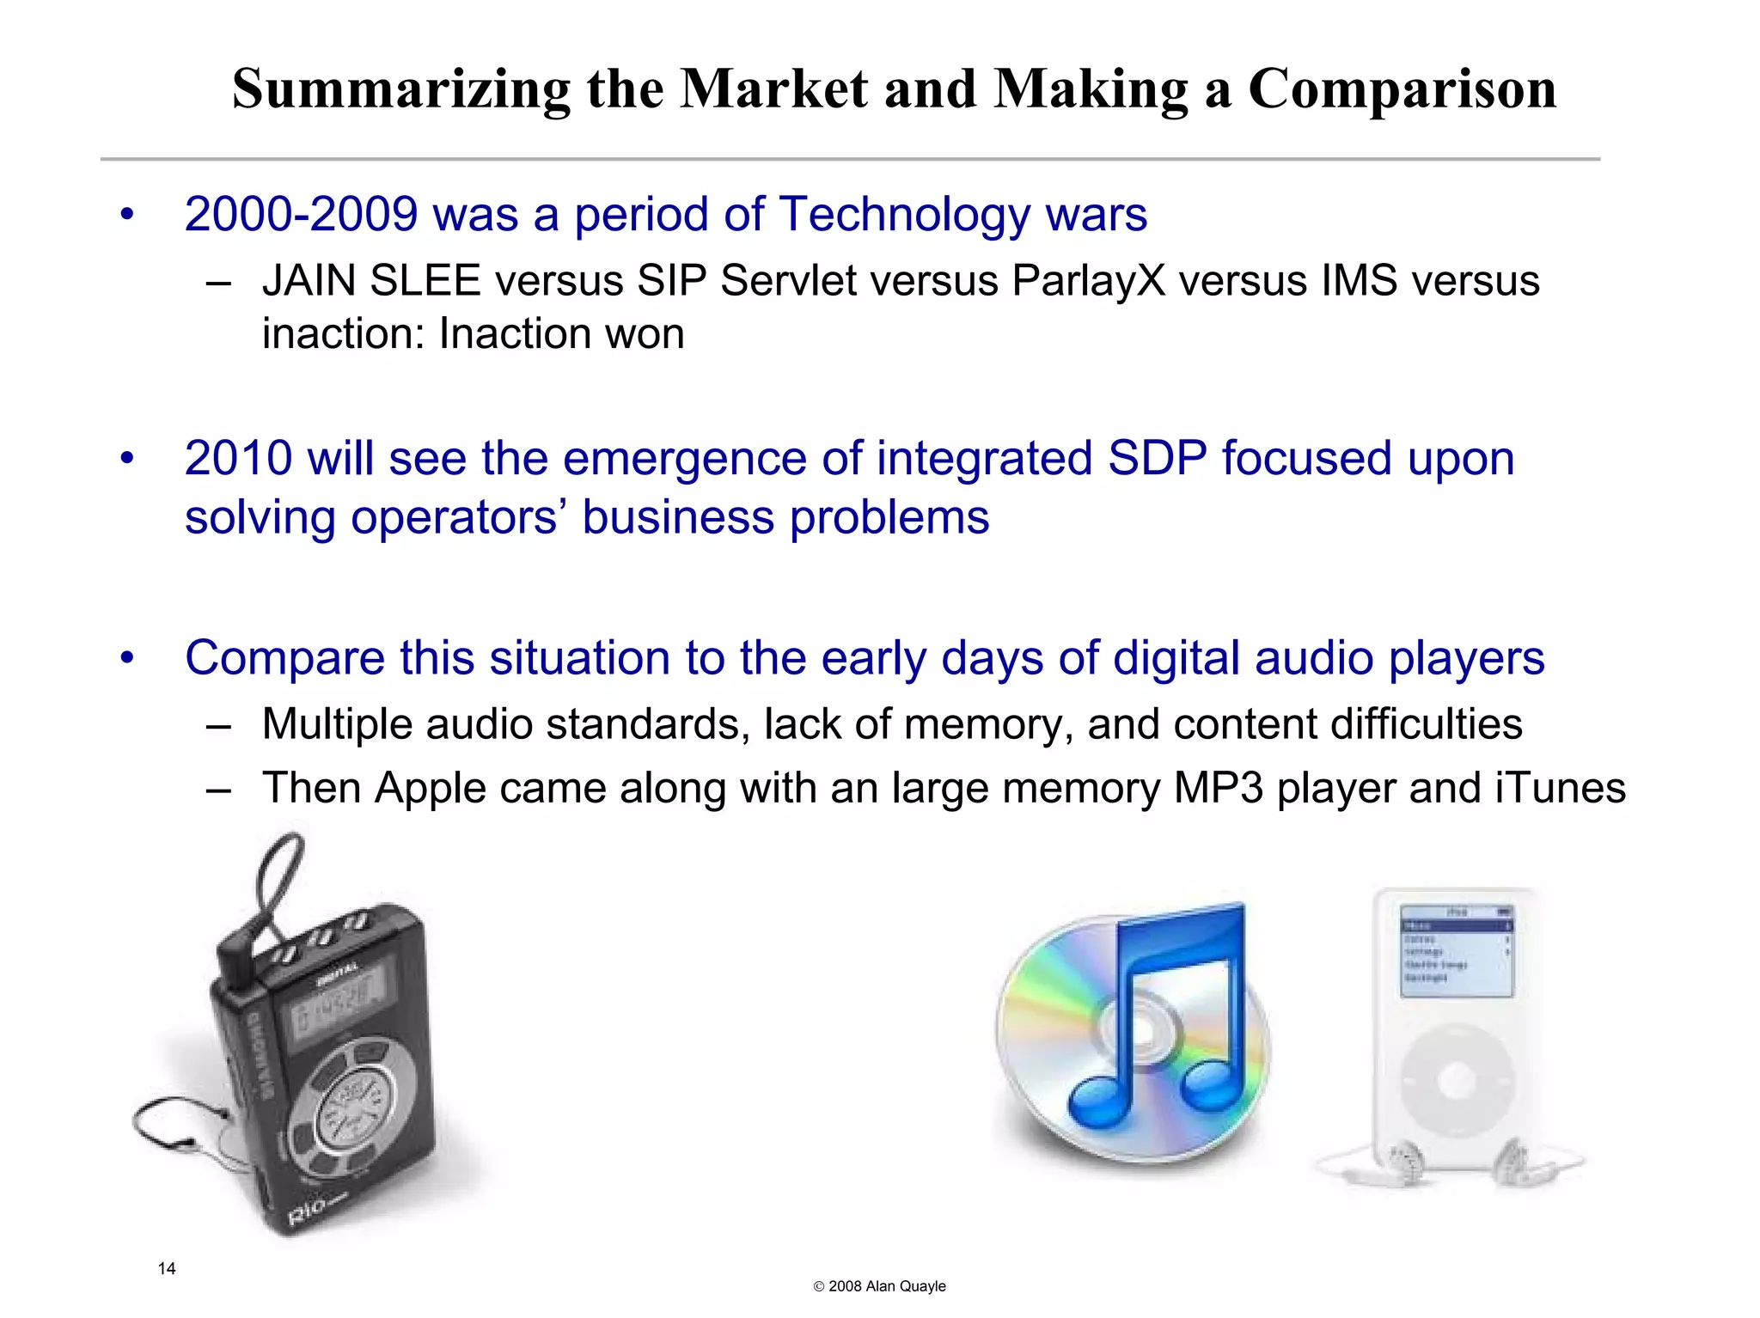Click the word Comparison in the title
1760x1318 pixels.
pos(1402,89)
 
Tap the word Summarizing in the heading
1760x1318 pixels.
pos(400,89)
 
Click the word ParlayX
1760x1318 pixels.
pos(1088,281)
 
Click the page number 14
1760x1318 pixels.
pos(167,1268)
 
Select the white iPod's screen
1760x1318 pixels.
pos(1456,951)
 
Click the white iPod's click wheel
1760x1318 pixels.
pos(1456,1079)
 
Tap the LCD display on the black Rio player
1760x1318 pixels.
pos(339,1001)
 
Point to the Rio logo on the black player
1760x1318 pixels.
pos(308,1211)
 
